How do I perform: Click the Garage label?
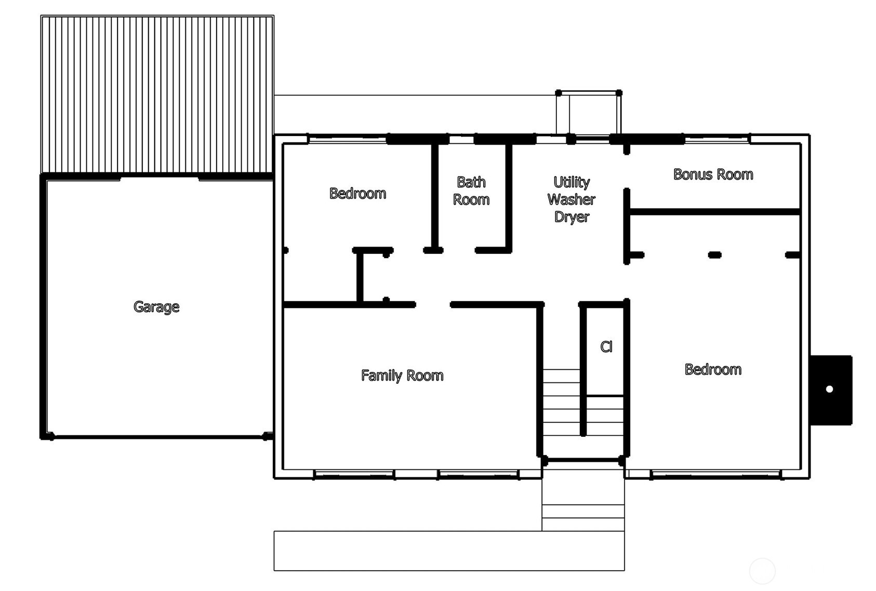156,307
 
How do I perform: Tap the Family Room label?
402,375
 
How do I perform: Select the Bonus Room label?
713,174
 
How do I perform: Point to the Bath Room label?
471,191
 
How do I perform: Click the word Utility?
572,182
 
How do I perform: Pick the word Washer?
572,199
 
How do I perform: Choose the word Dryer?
572,217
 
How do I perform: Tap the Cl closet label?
606,347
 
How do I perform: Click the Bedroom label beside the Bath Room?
357,194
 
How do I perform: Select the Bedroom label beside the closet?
713,369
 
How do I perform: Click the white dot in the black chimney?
829,389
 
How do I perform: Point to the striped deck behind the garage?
157,94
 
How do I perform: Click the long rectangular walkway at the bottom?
449,550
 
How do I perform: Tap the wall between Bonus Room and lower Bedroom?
714,212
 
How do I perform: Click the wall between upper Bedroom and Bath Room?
434,197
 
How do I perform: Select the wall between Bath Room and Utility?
509,197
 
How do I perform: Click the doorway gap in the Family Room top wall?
433,304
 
